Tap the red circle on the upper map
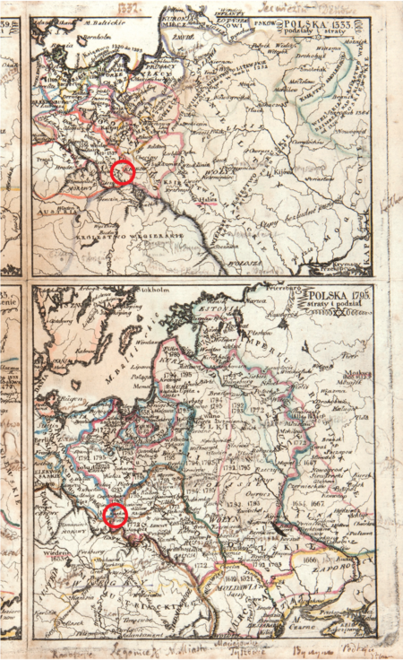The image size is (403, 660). pos(124,172)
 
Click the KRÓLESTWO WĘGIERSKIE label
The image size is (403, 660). pos(125,233)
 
